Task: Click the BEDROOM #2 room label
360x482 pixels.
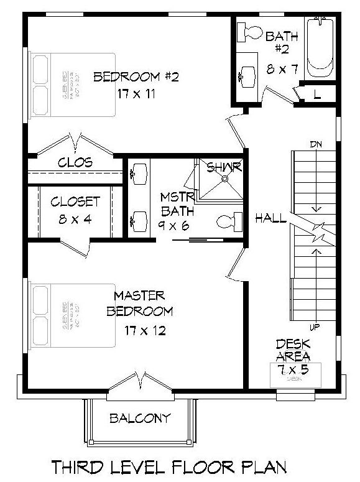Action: point(136,78)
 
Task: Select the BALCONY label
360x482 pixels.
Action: point(139,418)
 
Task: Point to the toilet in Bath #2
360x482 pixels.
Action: point(252,32)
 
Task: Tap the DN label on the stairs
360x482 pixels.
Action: point(315,145)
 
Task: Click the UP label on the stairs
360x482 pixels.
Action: point(315,327)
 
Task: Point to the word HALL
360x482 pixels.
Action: point(271,218)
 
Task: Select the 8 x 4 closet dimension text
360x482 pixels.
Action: point(75,219)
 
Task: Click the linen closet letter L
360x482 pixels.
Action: point(317,95)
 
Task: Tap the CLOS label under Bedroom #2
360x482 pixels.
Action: point(75,163)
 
